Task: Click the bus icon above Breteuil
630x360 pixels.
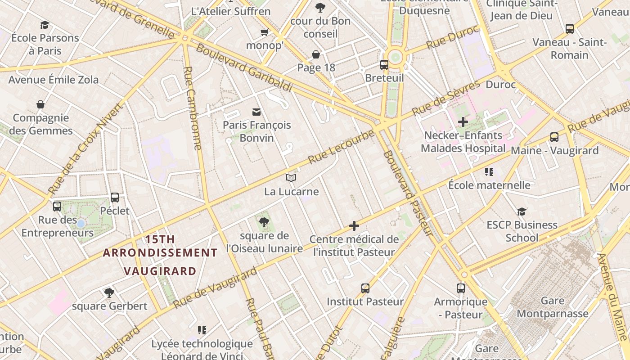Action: pos(384,64)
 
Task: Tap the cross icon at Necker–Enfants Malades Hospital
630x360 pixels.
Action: pos(463,122)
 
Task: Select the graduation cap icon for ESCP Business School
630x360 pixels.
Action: pos(522,211)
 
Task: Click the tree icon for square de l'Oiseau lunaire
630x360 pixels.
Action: pos(264,222)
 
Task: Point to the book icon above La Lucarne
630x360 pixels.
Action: pos(291,178)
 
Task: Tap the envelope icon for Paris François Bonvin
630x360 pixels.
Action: pos(256,112)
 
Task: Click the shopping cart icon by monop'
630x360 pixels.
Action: pos(265,32)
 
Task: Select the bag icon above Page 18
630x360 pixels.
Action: pos(316,54)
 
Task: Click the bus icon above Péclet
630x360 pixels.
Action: pos(115,197)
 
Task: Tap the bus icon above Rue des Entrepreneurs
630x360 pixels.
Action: pos(57,207)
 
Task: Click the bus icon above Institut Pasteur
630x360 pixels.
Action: pos(365,288)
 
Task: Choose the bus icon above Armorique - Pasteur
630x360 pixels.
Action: pos(460,288)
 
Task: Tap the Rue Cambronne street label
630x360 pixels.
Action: pos(193,108)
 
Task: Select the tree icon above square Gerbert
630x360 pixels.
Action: pos(109,293)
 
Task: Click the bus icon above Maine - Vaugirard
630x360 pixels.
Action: pos(554,137)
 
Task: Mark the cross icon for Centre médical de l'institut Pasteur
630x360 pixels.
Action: pos(354,226)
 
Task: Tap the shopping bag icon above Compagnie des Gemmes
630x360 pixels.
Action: pos(40,104)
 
